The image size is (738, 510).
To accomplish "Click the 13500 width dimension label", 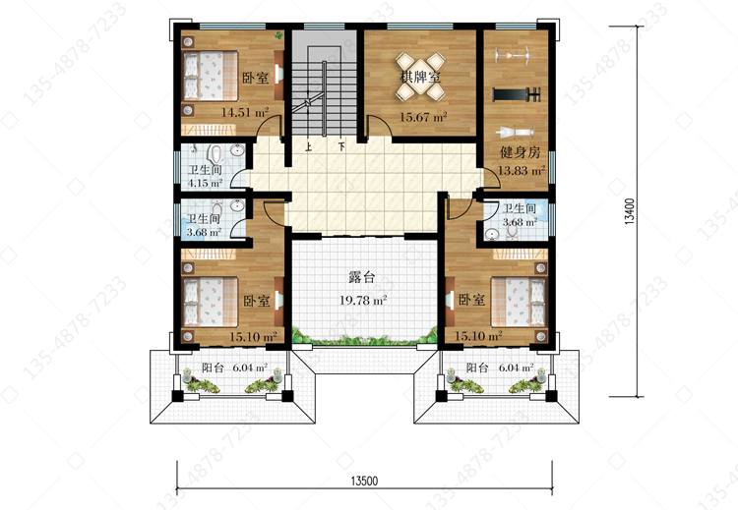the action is pyautogui.click(x=364, y=481).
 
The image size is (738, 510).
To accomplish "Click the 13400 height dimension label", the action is pyautogui.click(x=630, y=211).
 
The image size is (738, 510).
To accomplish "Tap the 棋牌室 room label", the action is pyautogui.click(x=420, y=76).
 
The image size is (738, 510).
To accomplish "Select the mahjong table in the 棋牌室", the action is pyautogui.click(x=420, y=77).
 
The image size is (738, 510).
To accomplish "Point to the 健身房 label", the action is pyautogui.click(x=520, y=152).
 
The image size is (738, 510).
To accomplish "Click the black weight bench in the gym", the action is pyautogui.click(x=517, y=94).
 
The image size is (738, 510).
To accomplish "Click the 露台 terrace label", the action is pyautogui.click(x=362, y=277).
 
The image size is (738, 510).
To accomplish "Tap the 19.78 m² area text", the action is pyautogui.click(x=363, y=300).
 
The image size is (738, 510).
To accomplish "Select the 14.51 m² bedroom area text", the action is pyautogui.click(x=245, y=112).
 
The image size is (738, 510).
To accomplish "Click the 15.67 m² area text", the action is pyautogui.click(x=423, y=117).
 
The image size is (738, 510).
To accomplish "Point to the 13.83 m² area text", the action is pyautogui.click(x=522, y=170).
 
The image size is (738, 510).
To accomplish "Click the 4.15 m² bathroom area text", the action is pyautogui.click(x=206, y=183).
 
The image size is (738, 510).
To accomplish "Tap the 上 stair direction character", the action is pyautogui.click(x=309, y=146).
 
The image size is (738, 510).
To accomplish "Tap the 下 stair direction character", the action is pyautogui.click(x=341, y=146).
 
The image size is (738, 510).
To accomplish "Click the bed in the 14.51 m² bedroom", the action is pyautogui.click(x=210, y=76).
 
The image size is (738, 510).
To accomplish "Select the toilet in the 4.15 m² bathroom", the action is pyautogui.click(x=216, y=152).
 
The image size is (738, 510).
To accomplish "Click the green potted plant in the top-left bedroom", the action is pyautogui.click(x=279, y=34).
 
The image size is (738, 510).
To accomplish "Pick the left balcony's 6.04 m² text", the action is pyautogui.click(x=250, y=368).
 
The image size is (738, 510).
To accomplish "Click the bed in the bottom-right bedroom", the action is pyautogui.click(x=519, y=302).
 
